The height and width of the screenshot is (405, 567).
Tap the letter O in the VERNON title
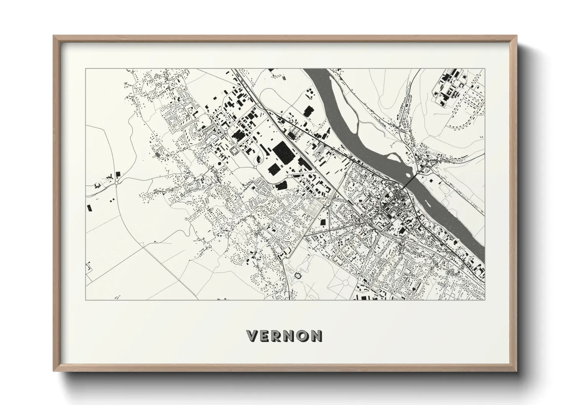(x=302, y=336)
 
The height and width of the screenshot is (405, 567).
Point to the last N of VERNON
(x=315, y=336)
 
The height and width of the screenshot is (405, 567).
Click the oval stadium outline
(x=234, y=151)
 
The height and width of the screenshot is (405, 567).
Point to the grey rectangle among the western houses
(x=157, y=155)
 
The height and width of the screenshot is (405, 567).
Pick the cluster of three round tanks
(x=309, y=94)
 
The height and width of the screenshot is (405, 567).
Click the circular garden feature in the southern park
(x=346, y=284)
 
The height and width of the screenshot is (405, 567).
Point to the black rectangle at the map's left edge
(x=90, y=208)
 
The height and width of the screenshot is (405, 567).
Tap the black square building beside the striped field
(x=322, y=222)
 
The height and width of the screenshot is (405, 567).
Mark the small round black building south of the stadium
(x=219, y=164)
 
